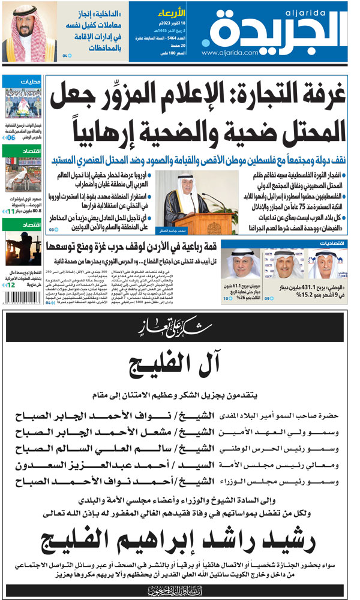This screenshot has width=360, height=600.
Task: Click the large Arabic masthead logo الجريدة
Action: pyautogui.click(x=276, y=30)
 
